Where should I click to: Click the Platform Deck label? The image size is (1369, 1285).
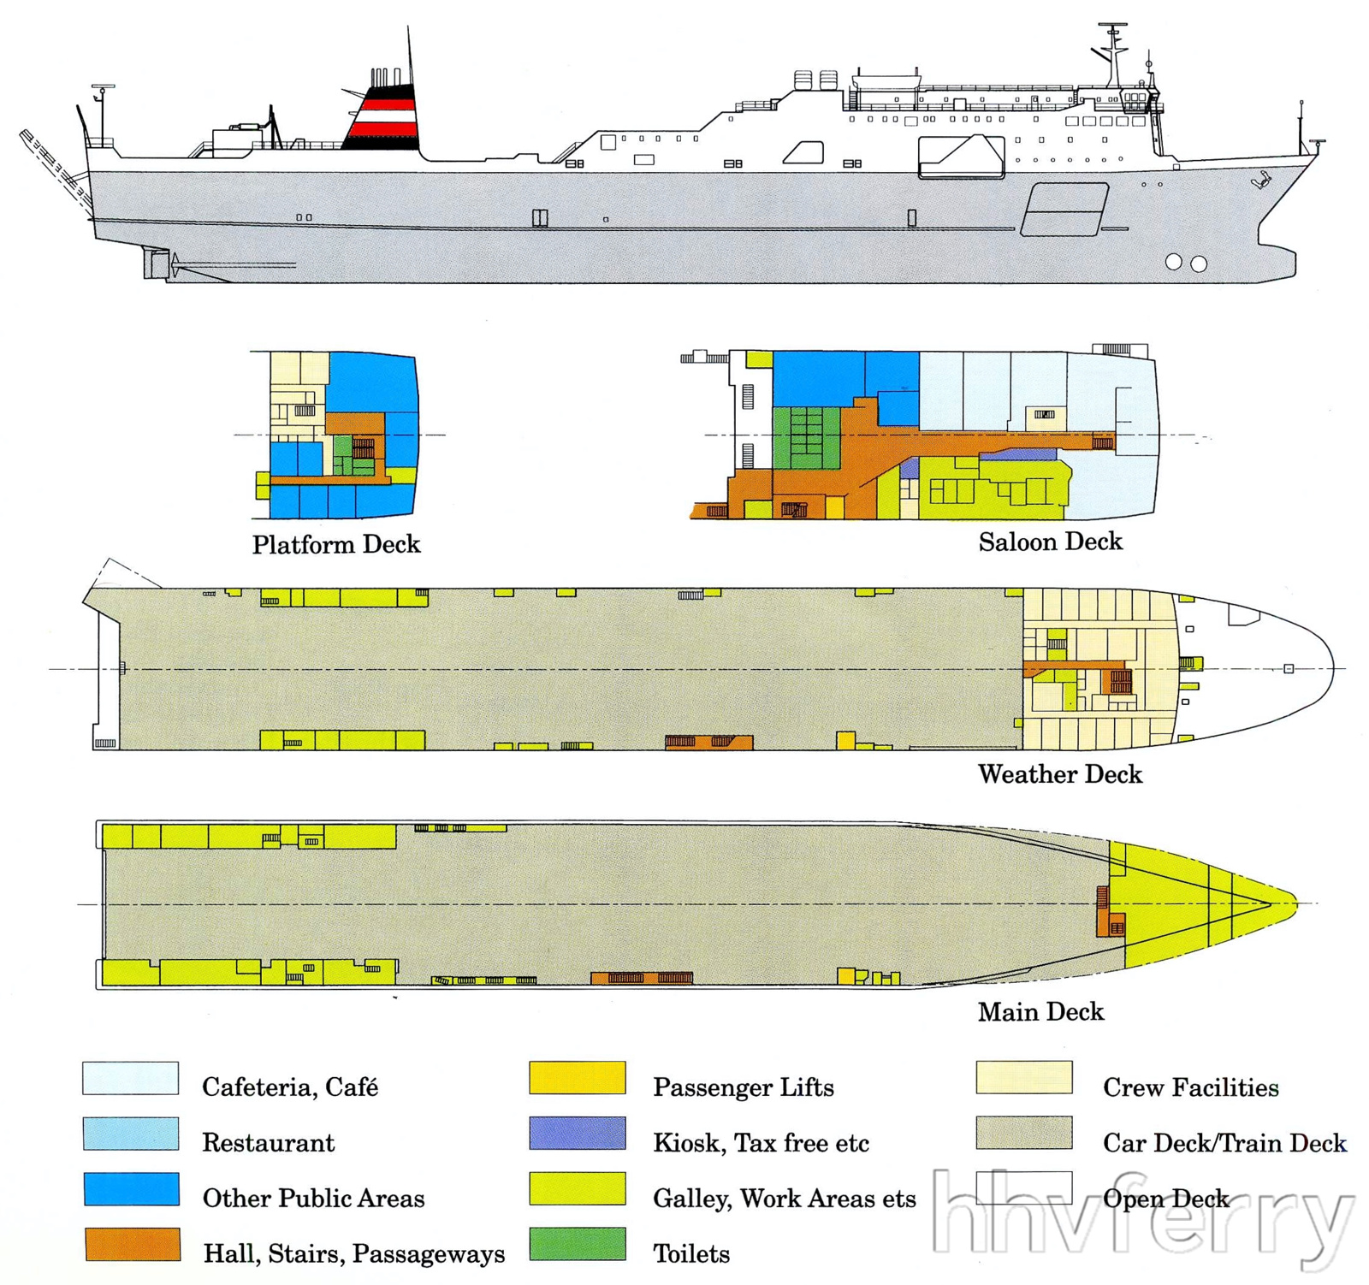[336, 545]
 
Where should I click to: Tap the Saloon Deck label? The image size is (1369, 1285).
[1050, 542]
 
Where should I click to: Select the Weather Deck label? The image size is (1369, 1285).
[1059, 774]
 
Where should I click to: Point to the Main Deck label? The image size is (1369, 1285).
[1040, 1012]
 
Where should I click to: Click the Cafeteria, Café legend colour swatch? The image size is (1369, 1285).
[130, 1078]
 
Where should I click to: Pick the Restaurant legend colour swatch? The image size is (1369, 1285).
[130, 1134]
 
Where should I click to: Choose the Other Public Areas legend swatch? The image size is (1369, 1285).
[131, 1189]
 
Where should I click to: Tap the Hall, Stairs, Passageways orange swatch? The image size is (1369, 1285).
[132, 1244]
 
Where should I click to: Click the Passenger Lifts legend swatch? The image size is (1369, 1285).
[577, 1078]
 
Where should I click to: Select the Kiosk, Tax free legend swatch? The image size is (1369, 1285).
[577, 1133]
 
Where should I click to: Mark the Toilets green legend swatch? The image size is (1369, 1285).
[577, 1244]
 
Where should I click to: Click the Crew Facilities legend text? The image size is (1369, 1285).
[1190, 1087]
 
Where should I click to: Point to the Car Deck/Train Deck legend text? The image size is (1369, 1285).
[1224, 1143]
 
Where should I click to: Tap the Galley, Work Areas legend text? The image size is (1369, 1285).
[784, 1199]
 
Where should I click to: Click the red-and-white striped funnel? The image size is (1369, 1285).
[382, 117]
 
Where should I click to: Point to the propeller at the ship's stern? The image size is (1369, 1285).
[175, 264]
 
